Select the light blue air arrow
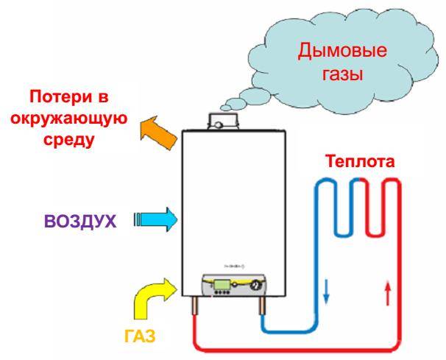(x=155, y=219)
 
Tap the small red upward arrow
(x=387, y=297)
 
